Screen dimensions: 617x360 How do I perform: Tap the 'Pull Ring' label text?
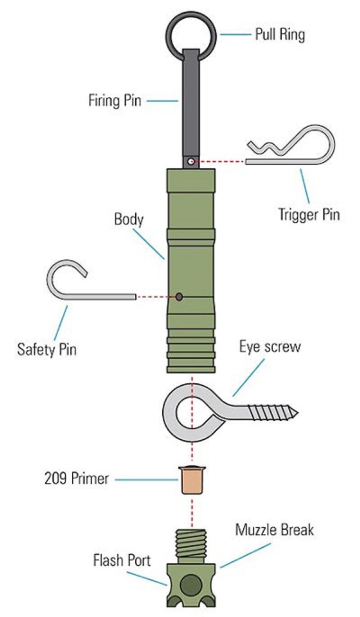pyautogui.click(x=280, y=35)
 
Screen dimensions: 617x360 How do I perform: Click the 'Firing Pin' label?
pyautogui.click(x=115, y=100)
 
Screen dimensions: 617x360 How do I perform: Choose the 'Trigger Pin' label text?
pyautogui.click(x=309, y=214)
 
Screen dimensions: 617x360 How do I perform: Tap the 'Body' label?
pyautogui.click(x=129, y=219)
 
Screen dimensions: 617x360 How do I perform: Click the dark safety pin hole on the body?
pyautogui.click(x=179, y=297)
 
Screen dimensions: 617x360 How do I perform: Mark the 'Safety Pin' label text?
pyautogui.click(x=47, y=349)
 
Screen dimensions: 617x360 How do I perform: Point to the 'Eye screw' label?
pyautogui.click(x=270, y=347)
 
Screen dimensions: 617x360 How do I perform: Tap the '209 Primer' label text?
pyautogui.click(x=76, y=478)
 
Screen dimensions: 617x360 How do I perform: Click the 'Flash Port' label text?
pyautogui.click(x=122, y=560)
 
